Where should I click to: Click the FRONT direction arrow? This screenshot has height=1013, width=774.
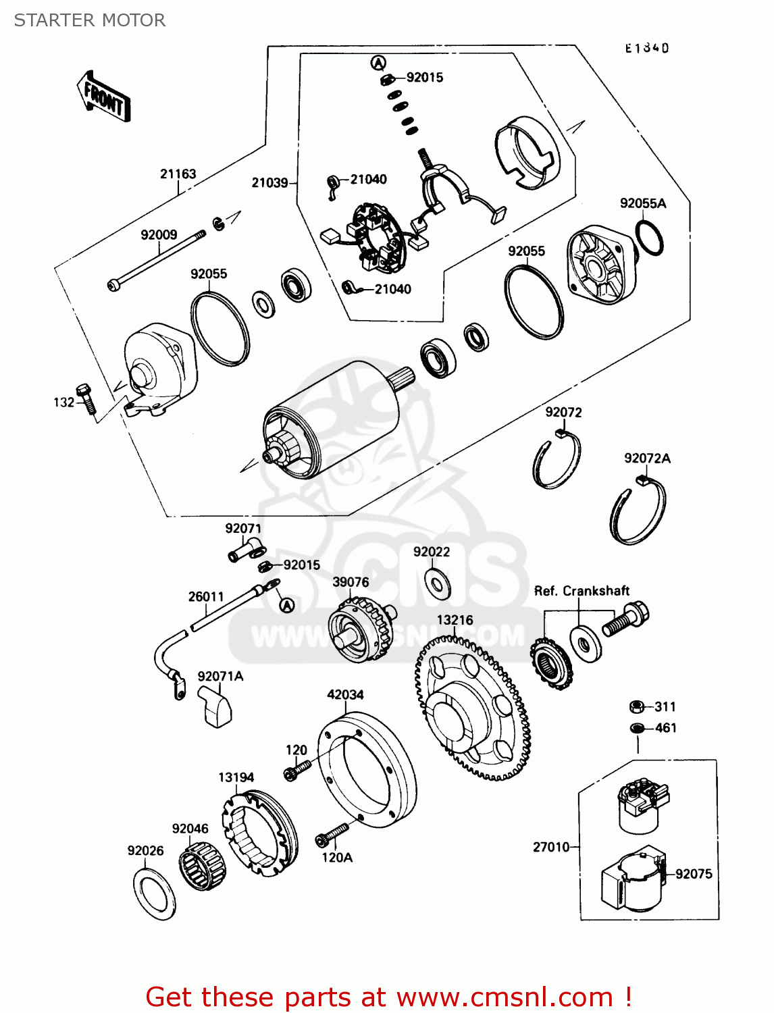point(104,98)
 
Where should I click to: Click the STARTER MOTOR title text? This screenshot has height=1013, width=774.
point(90,20)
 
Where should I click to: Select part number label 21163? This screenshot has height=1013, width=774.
point(178,174)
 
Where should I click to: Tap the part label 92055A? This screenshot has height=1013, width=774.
point(642,203)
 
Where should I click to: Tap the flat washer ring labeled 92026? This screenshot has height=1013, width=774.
point(155,894)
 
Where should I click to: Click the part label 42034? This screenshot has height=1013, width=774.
point(345,694)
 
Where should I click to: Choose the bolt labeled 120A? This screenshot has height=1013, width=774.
point(332,835)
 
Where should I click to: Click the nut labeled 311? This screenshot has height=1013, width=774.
point(636,706)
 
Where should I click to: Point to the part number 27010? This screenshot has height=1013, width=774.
point(551,847)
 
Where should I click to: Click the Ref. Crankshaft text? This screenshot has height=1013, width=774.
point(582,591)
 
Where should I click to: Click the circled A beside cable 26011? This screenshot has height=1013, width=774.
point(287,605)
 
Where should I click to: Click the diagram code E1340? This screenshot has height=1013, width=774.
point(646,48)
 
